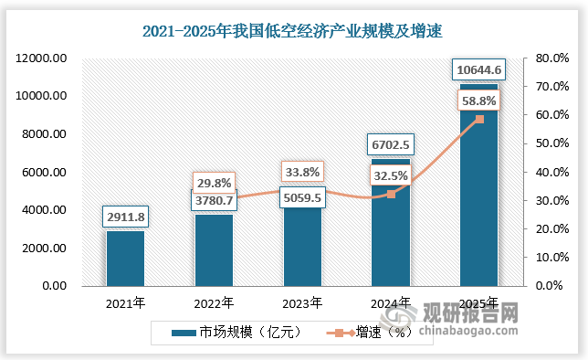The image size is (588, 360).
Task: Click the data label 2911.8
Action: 125,217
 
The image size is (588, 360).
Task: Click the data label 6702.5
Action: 391,144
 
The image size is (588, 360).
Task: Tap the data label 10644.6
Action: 479,69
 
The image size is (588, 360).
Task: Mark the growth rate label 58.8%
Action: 478,102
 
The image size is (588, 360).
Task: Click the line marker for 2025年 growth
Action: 479,119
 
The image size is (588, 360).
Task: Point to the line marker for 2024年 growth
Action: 391,194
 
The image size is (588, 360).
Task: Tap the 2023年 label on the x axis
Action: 302,303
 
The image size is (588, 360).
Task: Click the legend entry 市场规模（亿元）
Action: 232,333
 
